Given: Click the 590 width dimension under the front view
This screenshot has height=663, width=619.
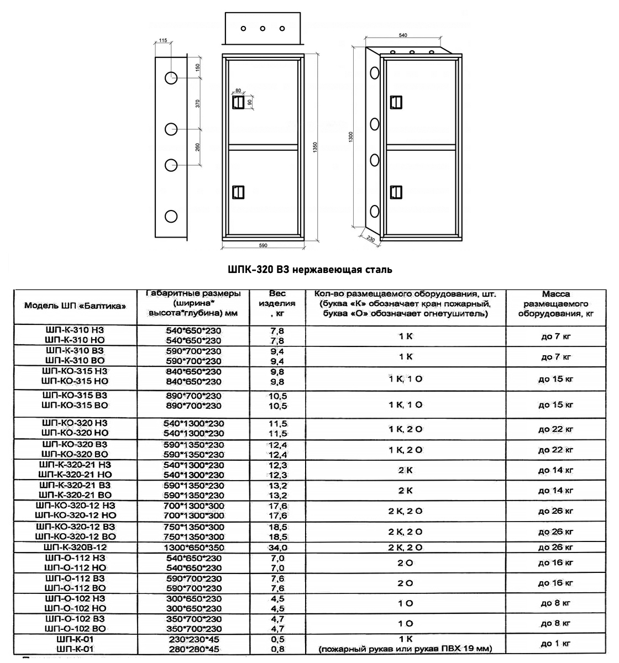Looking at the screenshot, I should tap(263, 244).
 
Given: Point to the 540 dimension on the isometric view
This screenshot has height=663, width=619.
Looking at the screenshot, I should tap(403, 35).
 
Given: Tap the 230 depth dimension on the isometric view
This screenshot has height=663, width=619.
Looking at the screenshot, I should tap(370, 239).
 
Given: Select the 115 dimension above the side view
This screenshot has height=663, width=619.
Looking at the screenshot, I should tap(162, 40).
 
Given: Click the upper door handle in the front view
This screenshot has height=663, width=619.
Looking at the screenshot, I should tap(238, 102).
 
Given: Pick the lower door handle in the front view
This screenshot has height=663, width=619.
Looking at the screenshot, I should tap(238, 191).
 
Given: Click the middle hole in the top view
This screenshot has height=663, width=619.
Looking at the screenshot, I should tap(263, 28).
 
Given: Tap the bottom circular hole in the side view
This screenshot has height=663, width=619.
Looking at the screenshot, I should tap(171, 215).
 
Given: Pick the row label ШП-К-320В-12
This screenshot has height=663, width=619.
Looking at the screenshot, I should tap(75, 547).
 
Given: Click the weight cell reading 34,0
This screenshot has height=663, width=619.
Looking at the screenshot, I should tap(277, 548).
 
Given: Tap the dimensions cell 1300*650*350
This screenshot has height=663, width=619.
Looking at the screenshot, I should tap(193, 548).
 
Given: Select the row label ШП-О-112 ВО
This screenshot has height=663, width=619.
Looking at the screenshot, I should tap(75, 588).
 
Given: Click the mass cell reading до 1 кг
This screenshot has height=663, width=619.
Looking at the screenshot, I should tap(555, 643).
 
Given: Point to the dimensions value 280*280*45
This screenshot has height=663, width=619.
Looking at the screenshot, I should tap(193, 649).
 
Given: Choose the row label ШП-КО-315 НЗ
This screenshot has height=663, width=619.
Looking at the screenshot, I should tap(75, 371).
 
